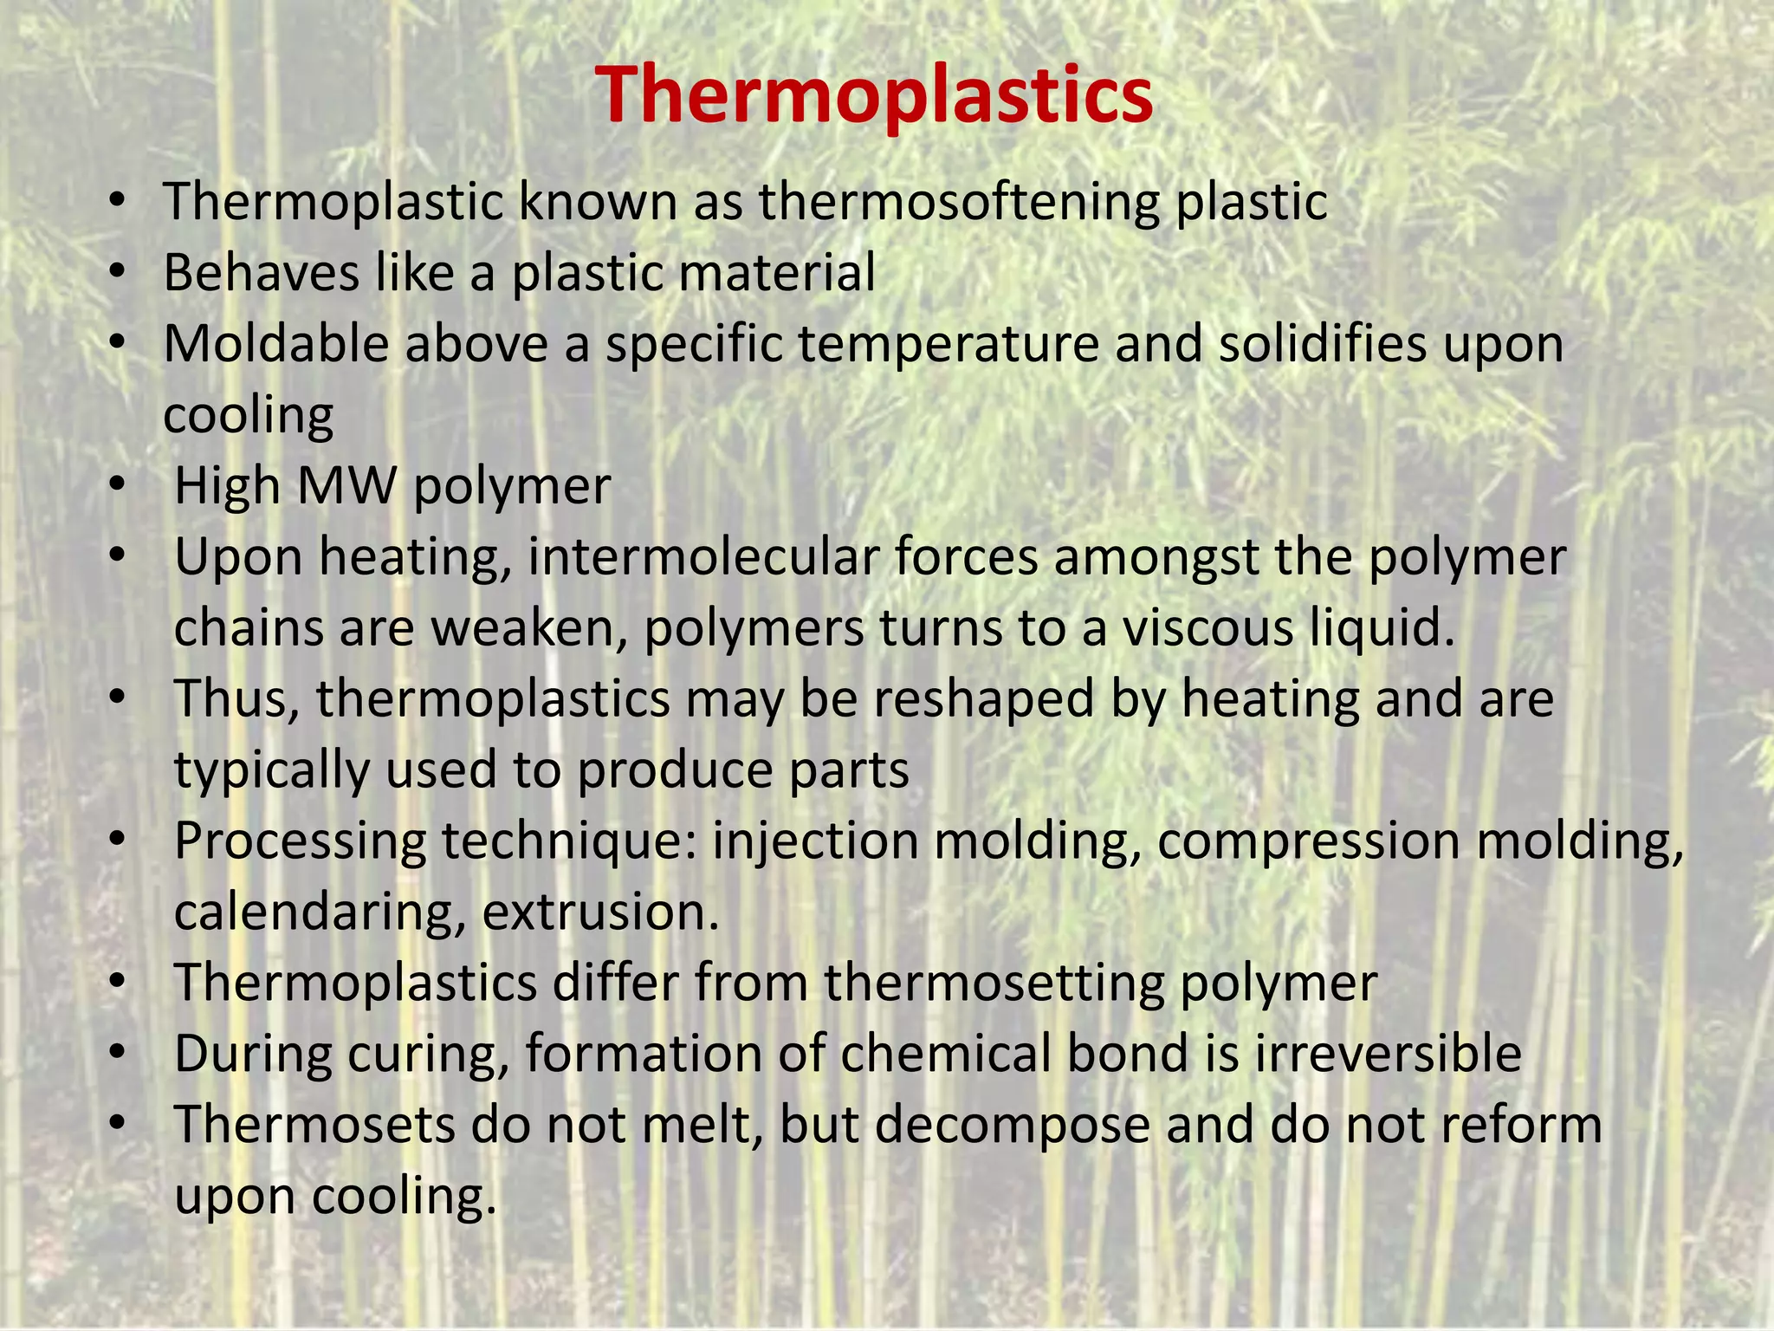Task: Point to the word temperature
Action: click(948, 345)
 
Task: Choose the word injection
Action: click(815, 841)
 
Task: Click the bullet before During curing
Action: click(117, 1053)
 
